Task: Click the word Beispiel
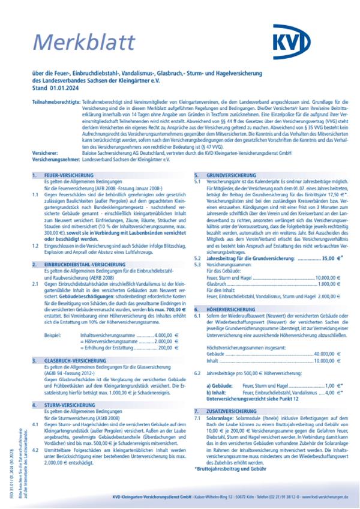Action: (x=52, y=334)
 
